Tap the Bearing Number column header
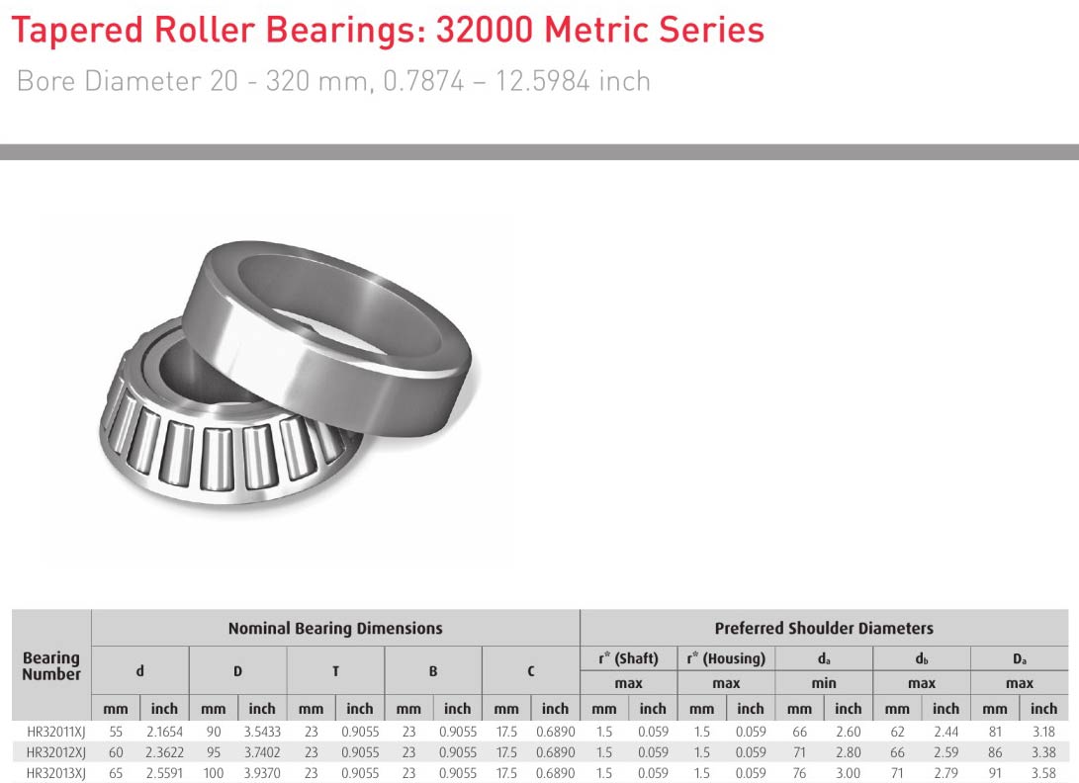point(50,666)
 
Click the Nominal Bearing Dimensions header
point(335,628)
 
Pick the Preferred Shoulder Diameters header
point(824,628)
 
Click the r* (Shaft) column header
point(628,658)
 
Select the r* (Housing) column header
point(726,658)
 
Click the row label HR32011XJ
point(55,732)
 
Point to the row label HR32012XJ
point(55,752)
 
